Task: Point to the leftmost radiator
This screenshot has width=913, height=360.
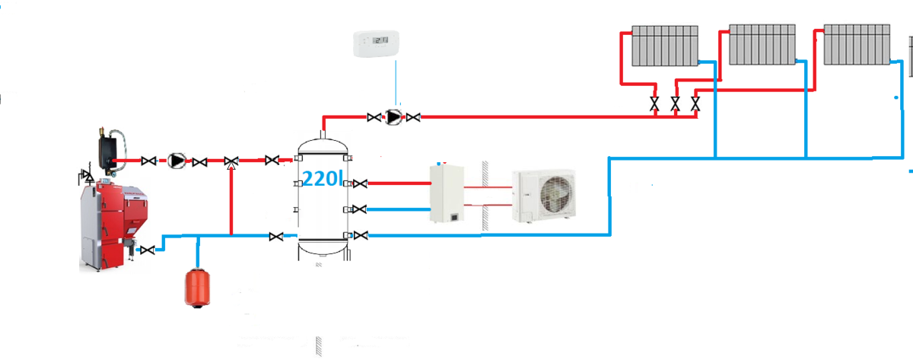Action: click(x=665, y=46)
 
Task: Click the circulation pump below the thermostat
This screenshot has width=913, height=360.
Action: click(x=393, y=117)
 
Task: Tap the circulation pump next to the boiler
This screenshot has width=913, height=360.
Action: click(x=177, y=161)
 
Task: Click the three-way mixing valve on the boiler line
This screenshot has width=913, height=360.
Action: click(x=231, y=161)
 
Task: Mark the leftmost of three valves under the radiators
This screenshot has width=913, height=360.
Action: click(x=654, y=104)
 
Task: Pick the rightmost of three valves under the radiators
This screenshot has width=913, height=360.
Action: click(x=694, y=104)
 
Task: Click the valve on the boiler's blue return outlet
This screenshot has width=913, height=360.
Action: click(x=150, y=248)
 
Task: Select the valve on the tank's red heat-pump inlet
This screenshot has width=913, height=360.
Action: click(x=361, y=183)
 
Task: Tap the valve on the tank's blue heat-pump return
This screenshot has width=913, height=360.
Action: click(x=361, y=209)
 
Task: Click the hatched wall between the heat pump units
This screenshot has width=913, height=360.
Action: click(x=481, y=195)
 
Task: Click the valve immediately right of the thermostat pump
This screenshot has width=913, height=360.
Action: click(x=413, y=117)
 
